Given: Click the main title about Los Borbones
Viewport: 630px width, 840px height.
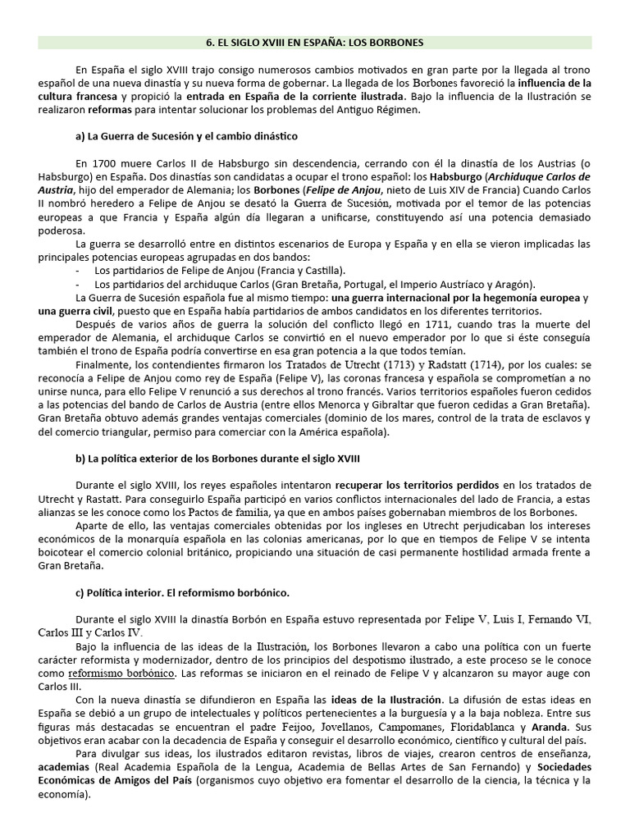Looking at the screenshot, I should coord(316,42).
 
